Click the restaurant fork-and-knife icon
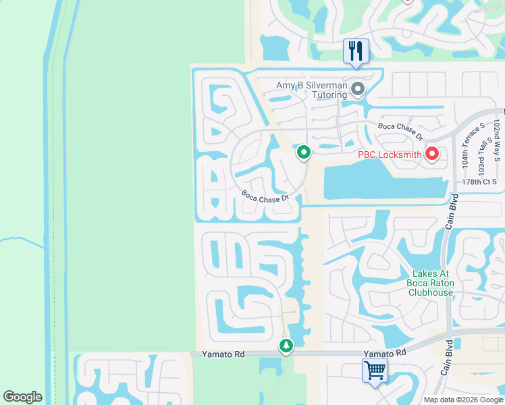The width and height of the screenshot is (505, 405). [356, 51]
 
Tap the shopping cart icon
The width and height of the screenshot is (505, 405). [374, 370]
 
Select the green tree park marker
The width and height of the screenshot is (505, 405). [286, 346]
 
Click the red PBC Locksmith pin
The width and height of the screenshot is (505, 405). [431, 155]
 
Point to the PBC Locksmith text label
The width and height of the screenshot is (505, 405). [390, 155]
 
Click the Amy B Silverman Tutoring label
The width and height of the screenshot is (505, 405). [311, 90]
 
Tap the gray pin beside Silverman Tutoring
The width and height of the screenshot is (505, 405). [358, 88]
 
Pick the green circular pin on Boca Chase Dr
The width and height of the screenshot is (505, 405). [304, 153]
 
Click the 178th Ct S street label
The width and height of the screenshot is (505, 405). [479, 182]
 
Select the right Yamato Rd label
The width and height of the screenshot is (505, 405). [385, 353]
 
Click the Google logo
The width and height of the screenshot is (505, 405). [22, 397]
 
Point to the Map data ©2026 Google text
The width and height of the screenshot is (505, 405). [463, 400]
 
